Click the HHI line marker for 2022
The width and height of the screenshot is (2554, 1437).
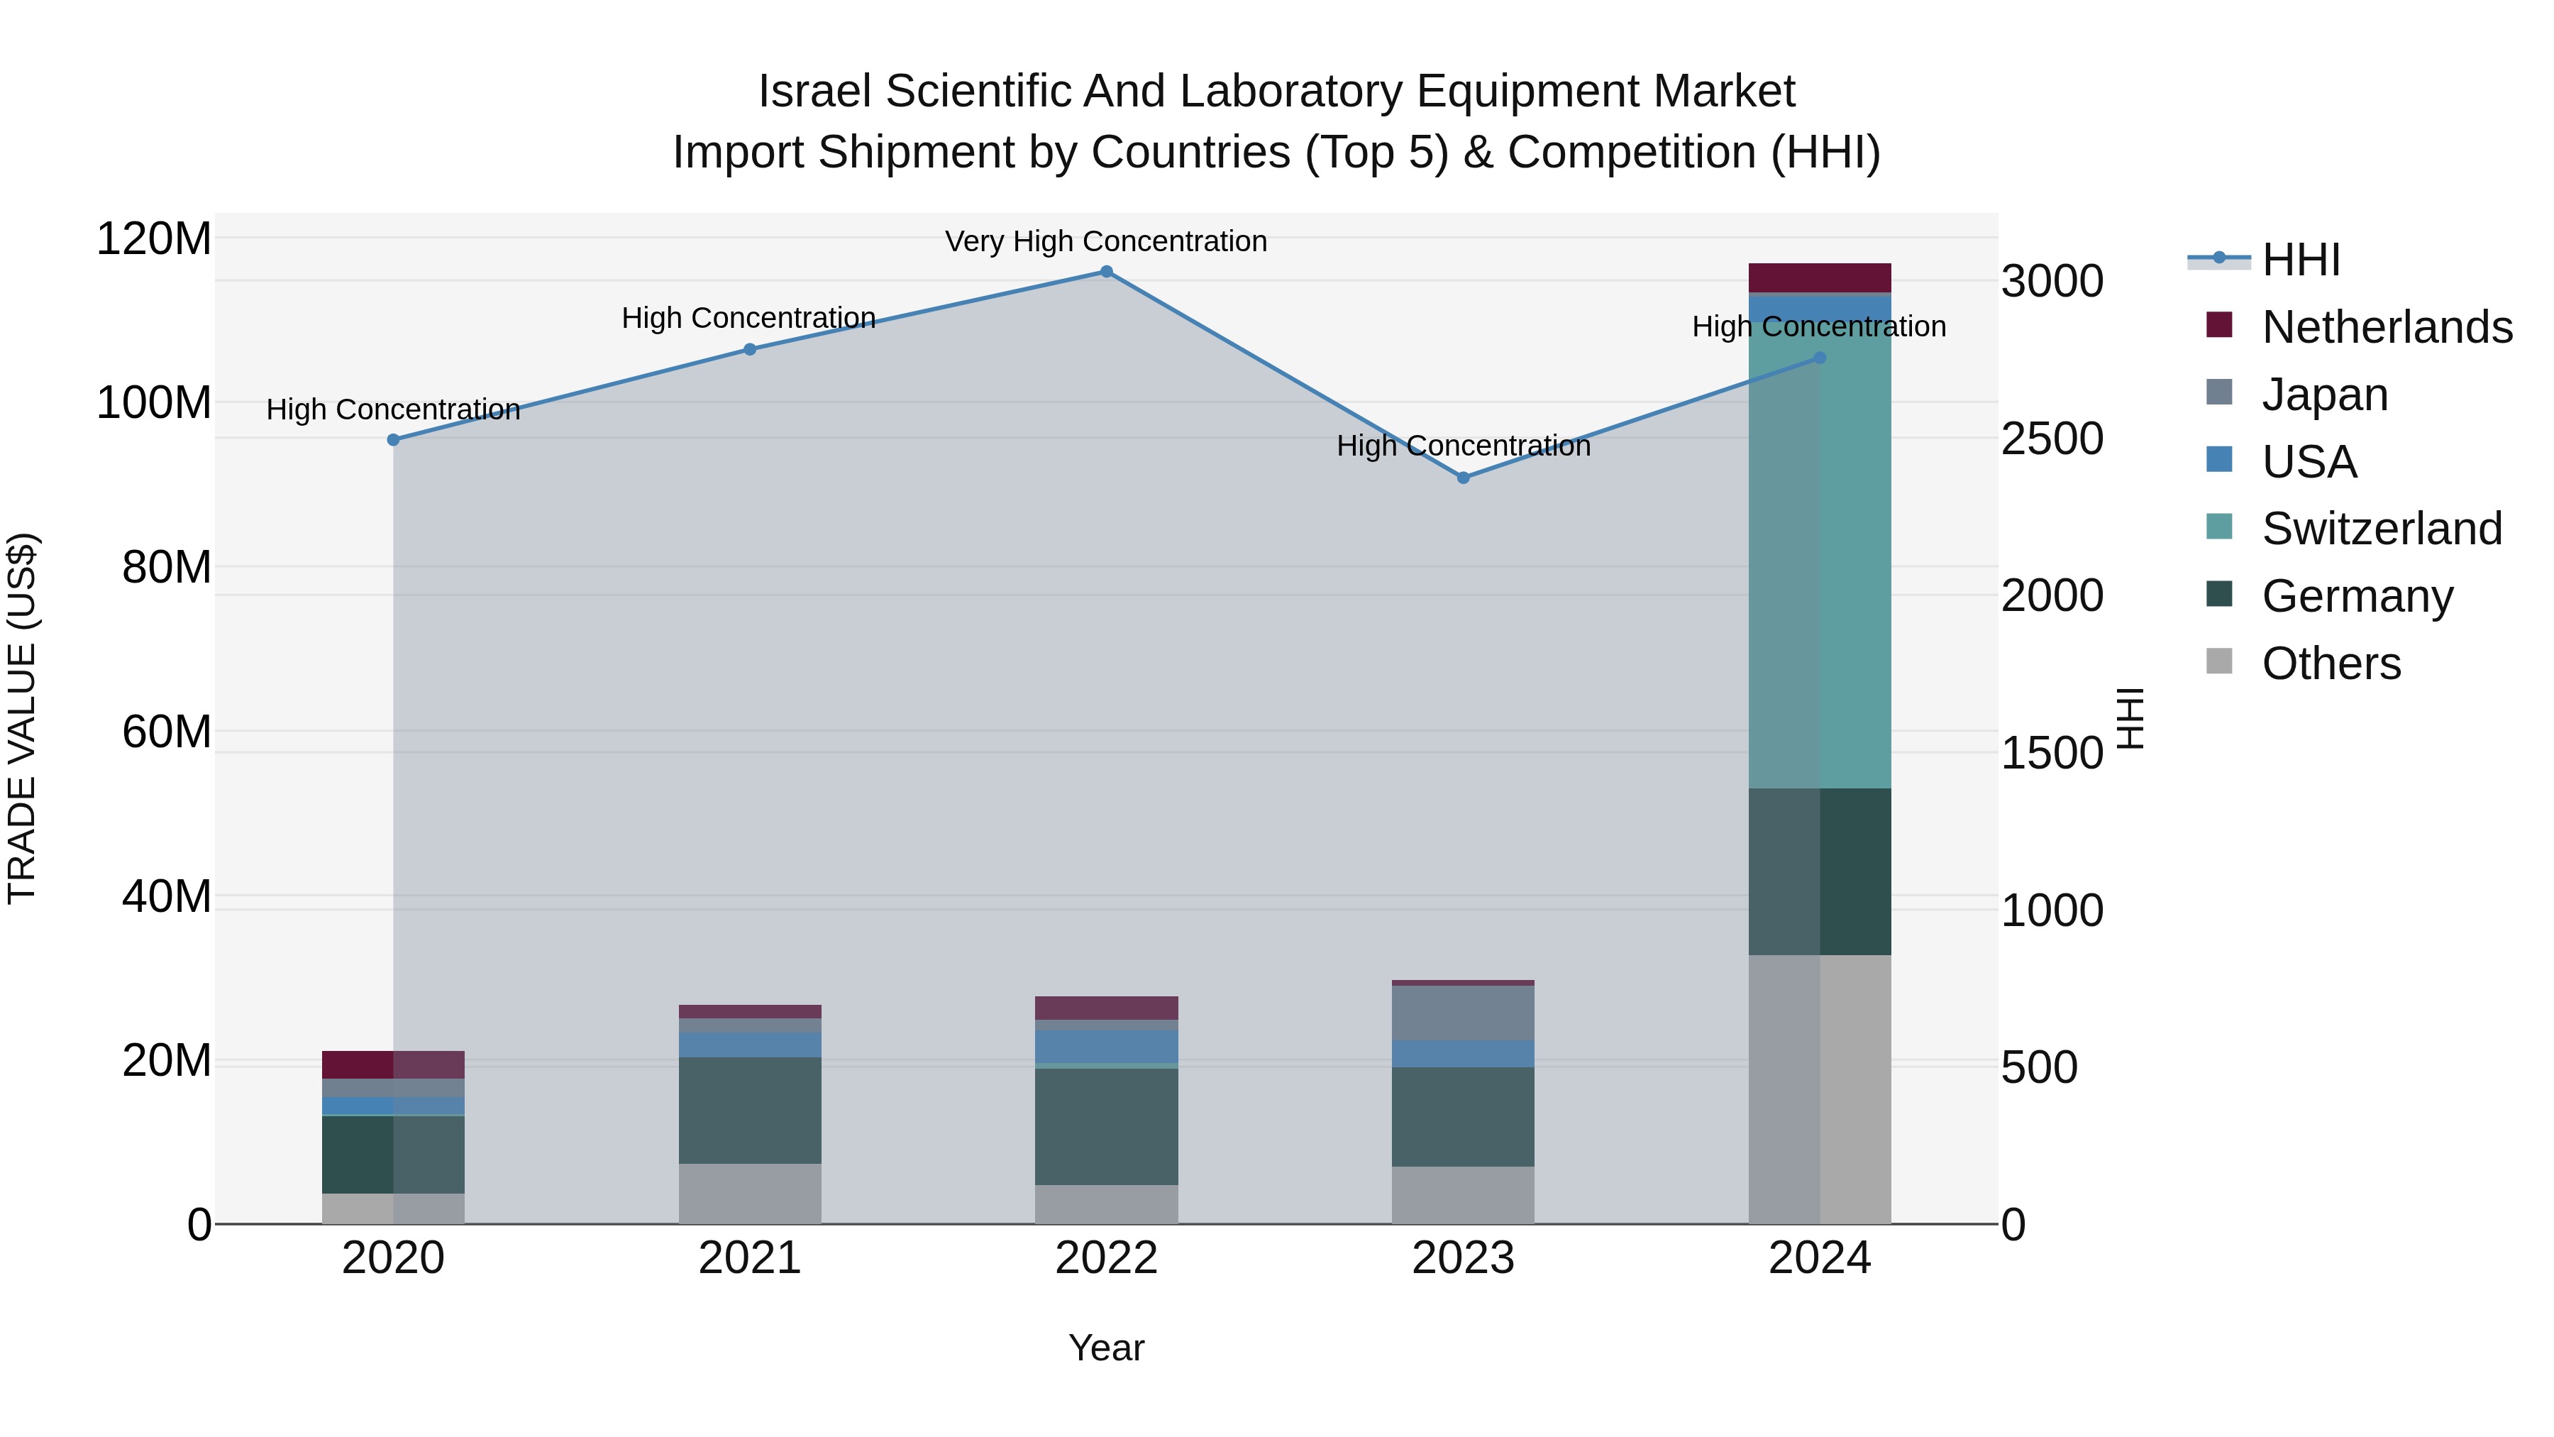point(1107,272)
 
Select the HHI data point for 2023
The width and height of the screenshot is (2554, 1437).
point(1464,478)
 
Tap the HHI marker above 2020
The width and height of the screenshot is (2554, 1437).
point(394,440)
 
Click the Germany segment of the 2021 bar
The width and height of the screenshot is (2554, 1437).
point(750,1111)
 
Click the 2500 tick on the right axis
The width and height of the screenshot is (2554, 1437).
point(2051,439)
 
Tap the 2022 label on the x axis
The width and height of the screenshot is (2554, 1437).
point(1107,1258)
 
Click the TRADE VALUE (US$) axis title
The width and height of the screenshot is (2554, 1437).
point(23,718)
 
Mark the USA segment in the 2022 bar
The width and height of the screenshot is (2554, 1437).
point(1107,1046)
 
